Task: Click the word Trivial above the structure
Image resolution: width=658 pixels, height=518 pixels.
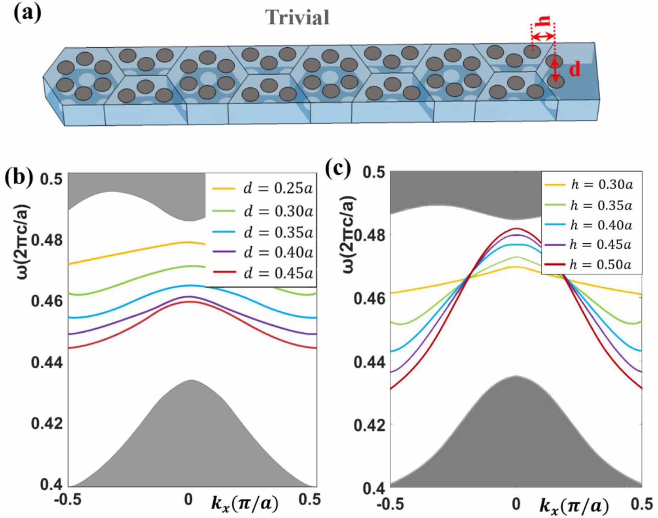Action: (297, 18)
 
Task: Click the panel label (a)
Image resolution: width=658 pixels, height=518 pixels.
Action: (27, 13)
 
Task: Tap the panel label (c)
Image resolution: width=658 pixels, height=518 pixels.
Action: (338, 168)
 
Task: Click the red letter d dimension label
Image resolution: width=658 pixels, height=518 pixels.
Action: (575, 70)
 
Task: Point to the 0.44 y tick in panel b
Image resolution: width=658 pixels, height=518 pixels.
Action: (47, 362)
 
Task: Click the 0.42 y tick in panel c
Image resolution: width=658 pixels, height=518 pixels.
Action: (370, 425)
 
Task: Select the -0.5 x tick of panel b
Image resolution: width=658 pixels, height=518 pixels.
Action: (68, 499)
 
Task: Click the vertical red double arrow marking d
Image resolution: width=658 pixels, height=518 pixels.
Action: (555, 70)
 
